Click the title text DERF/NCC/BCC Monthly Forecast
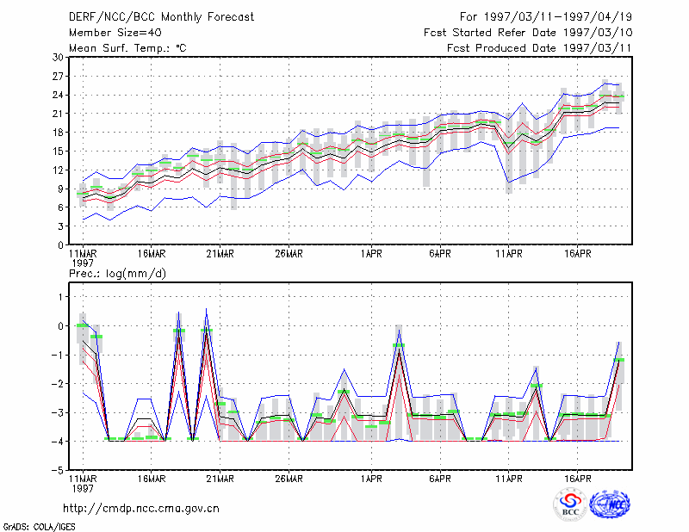pyautogui.click(x=161, y=17)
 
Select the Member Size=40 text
pyautogui.click(x=115, y=33)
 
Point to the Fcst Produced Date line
pyautogui.click(x=539, y=48)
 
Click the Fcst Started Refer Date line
pyautogui.click(x=528, y=33)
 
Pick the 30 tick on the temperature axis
pyautogui.click(x=58, y=58)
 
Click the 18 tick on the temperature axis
pyautogui.click(x=58, y=133)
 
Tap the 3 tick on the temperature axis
pyautogui.click(x=60, y=226)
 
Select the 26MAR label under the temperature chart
pyautogui.click(x=289, y=254)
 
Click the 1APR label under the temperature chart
pyautogui.click(x=371, y=254)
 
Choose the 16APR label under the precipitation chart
pyautogui.click(x=577, y=479)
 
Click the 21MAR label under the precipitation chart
pyautogui.click(x=220, y=479)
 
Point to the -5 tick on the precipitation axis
pyautogui.click(x=58, y=470)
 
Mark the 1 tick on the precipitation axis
pyautogui.click(x=61, y=297)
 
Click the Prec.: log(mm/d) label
pyautogui.click(x=117, y=274)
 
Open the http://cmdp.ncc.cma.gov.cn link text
pyautogui.click(x=141, y=509)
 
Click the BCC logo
pyautogui.click(x=570, y=504)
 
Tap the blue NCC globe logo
pyautogui.click(x=610, y=504)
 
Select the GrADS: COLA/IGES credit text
pyautogui.click(x=39, y=527)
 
